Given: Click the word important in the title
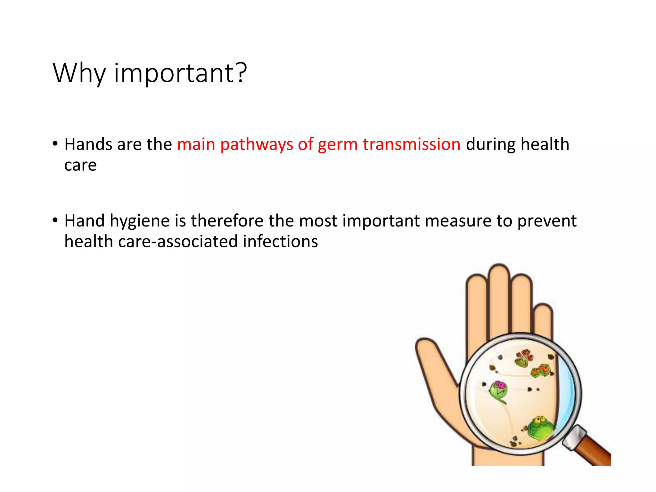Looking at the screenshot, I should [175, 73].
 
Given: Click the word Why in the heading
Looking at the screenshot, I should [79, 73].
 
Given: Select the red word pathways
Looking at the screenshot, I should [257, 144].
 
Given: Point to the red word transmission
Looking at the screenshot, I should [412, 144].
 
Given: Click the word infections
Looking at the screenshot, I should [280, 242].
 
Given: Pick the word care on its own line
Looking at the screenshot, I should [80, 165].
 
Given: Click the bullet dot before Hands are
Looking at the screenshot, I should [55, 144].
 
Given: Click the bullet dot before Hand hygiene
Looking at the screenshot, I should [55, 220].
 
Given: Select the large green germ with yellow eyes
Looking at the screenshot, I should [540, 428].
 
